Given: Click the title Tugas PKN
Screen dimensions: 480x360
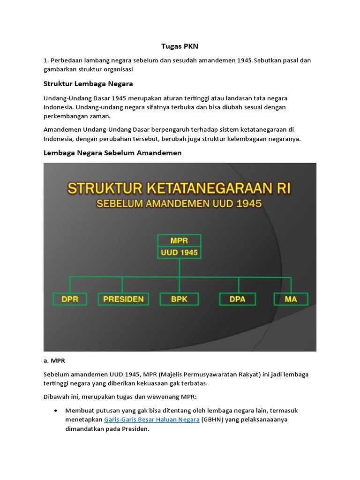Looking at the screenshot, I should pyautogui.click(x=180, y=46).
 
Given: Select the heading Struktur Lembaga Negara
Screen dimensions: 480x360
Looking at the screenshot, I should pyautogui.click(x=88, y=83).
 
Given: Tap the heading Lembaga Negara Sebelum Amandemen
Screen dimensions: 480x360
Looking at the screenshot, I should pyautogui.click(x=112, y=153).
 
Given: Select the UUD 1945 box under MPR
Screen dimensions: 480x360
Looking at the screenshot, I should pyautogui.click(x=180, y=253).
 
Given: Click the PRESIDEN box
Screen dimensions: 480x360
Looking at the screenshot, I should pyautogui.click(x=123, y=299).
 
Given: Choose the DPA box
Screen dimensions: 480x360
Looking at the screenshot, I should pyautogui.click(x=238, y=299).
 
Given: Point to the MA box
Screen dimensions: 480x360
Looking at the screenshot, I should pyautogui.click(x=291, y=299).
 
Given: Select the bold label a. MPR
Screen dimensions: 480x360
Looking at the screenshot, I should pyautogui.click(x=54, y=361).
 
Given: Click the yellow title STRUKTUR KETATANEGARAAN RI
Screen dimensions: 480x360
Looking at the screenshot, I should pyautogui.click(x=180, y=189).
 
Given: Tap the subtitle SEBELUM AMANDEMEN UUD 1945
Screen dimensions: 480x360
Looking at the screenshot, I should pyautogui.click(x=180, y=204).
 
